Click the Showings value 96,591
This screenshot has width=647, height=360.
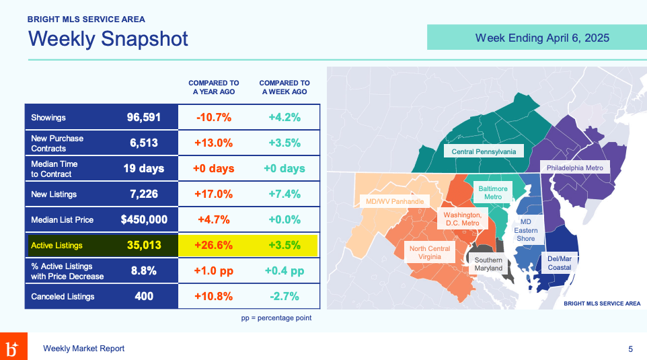144,118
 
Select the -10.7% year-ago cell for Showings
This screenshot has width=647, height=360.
214,118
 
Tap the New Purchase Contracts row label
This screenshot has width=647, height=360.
57,143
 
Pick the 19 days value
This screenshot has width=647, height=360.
143,168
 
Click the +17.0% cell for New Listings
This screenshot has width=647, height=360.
214,194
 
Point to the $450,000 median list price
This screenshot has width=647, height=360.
144,220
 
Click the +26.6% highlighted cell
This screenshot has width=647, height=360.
214,246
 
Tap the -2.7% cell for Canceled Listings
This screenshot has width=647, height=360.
284,296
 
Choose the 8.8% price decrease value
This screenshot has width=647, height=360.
143,271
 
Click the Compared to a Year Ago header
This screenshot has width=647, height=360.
214,87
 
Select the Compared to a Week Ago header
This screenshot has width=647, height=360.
284,87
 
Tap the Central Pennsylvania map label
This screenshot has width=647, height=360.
484,152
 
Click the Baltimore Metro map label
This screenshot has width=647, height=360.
493,192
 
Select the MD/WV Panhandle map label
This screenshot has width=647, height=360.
395,201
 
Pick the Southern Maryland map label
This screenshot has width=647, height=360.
488,264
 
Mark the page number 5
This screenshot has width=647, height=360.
630,349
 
